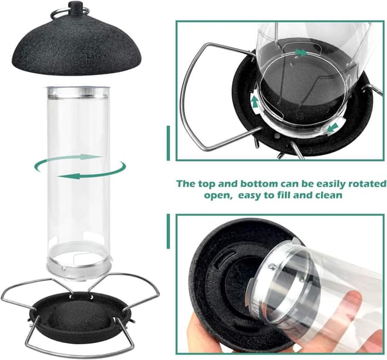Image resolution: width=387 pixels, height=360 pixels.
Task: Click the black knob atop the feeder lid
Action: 75,7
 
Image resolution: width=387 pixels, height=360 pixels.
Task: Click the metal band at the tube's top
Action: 78,93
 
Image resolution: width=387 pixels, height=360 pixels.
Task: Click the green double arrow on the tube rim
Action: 301,53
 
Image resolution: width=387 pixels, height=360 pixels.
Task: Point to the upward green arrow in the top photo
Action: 255,102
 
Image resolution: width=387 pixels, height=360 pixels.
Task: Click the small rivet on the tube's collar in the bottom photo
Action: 272,266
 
